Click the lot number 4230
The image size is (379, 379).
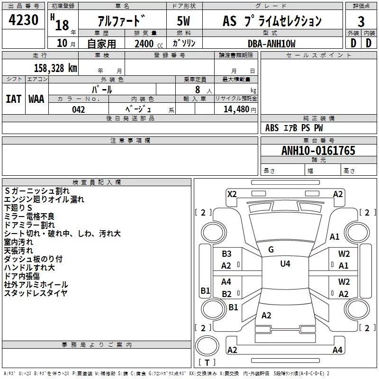coord(23,20)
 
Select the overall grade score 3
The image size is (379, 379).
coord(361,21)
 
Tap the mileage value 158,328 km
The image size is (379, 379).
coord(55,68)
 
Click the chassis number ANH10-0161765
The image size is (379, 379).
coord(318,150)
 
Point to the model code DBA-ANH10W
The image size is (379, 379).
coord(271,44)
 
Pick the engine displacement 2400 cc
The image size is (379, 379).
coord(149,44)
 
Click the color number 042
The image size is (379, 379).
coord(78,109)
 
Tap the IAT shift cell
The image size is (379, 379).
coord(13,99)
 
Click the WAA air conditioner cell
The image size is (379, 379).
coord(36,99)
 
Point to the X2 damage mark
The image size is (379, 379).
coord(232,194)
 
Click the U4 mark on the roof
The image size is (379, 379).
coord(285,263)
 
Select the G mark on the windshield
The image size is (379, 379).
coord(271,250)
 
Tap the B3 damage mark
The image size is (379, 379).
coord(226,253)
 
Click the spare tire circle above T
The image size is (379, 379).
coord(207,346)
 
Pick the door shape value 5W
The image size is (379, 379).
coord(183,21)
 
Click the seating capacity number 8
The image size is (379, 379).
coord(198,90)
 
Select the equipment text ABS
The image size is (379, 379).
coord(272,127)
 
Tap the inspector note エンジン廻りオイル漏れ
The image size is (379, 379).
coord(44,199)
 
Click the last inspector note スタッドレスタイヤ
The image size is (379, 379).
coord(36,293)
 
